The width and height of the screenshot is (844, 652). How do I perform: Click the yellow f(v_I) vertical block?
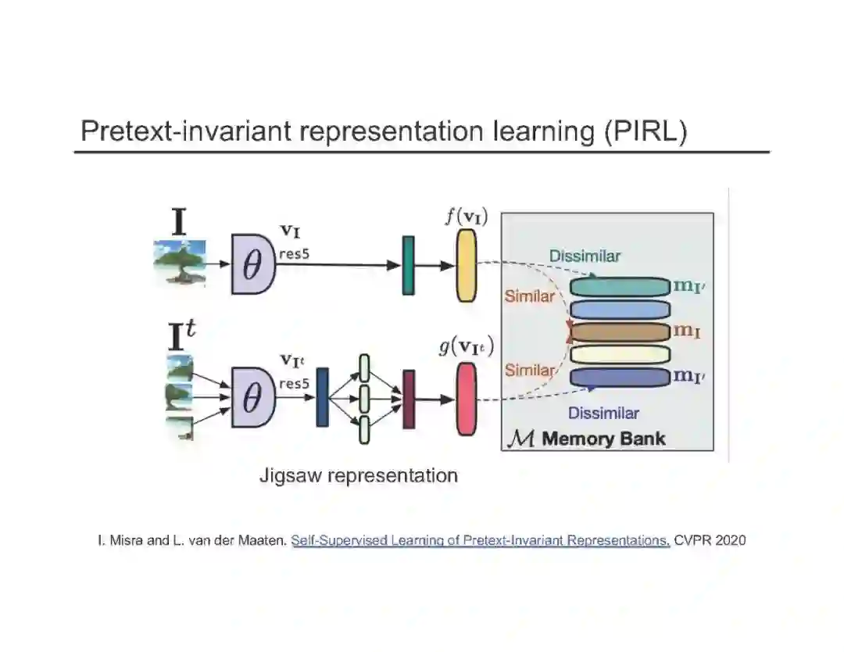point(466,267)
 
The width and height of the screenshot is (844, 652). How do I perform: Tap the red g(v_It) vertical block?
point(466,399)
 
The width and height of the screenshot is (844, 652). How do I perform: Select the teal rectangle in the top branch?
point(408,266)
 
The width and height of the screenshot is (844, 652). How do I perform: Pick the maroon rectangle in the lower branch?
point(408,399)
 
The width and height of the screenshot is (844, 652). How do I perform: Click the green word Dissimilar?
point(585,256)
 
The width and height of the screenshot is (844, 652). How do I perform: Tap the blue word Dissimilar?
point(603,414)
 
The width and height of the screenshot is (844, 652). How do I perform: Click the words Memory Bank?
point(603,439)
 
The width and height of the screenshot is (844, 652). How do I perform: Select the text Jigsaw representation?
point(359,475)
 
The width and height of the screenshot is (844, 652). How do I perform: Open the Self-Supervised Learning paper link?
point(481,540)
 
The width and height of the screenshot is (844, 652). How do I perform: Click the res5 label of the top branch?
point(295,253)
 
